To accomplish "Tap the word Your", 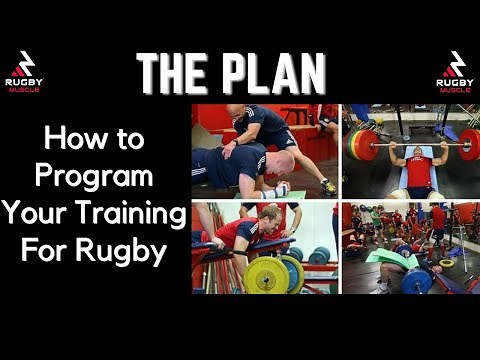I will pos(40,213).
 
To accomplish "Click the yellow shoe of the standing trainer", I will pos(327,186).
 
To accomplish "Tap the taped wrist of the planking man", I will pos(283,188).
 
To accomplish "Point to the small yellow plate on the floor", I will pos(446,263).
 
